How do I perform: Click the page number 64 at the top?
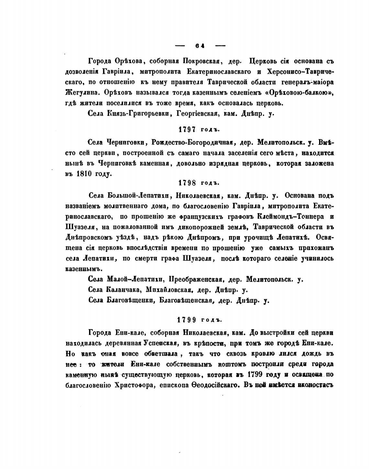pyautogui.click(x=200, y=46)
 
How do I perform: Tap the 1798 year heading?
pyautogui.click(x=199, y=183)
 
